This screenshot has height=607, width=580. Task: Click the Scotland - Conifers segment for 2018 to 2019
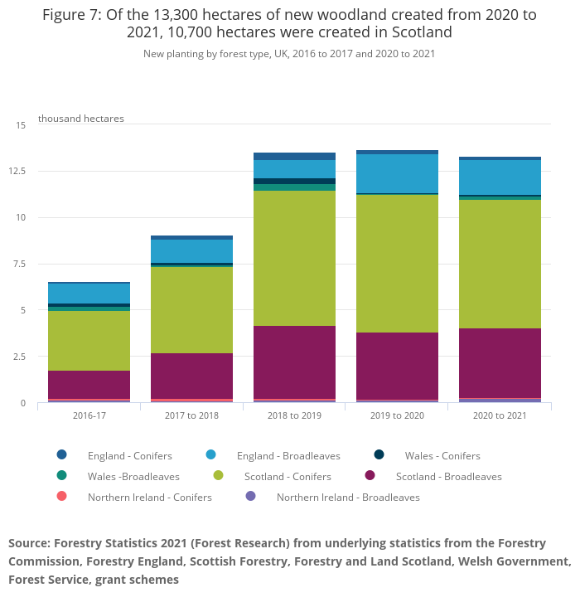tap(294, 258)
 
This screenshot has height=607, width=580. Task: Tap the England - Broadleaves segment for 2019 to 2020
tap(397, 173)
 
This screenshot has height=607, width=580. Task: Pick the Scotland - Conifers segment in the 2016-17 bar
tap(89, 340)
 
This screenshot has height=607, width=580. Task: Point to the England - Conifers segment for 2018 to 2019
tap(294, 156)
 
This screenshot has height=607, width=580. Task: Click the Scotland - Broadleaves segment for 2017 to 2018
tap(191, 376)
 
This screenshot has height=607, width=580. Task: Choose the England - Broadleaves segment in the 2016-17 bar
tap(89, 294)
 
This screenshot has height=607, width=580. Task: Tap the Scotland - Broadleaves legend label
tap(448, 476)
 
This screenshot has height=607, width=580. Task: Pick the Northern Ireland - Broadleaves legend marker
tap(251, 496)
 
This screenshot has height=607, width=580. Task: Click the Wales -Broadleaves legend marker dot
tap(62, 476)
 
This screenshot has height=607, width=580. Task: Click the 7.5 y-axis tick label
tap(21, 264)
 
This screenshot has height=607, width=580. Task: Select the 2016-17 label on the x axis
tap(89, 415)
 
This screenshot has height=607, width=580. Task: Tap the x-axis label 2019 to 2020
tap(397, 415)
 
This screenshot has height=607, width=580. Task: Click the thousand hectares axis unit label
tap(81, 119)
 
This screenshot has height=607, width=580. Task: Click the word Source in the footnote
tap(28, 543)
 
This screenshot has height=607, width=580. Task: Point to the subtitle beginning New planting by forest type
tap(289, 54)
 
